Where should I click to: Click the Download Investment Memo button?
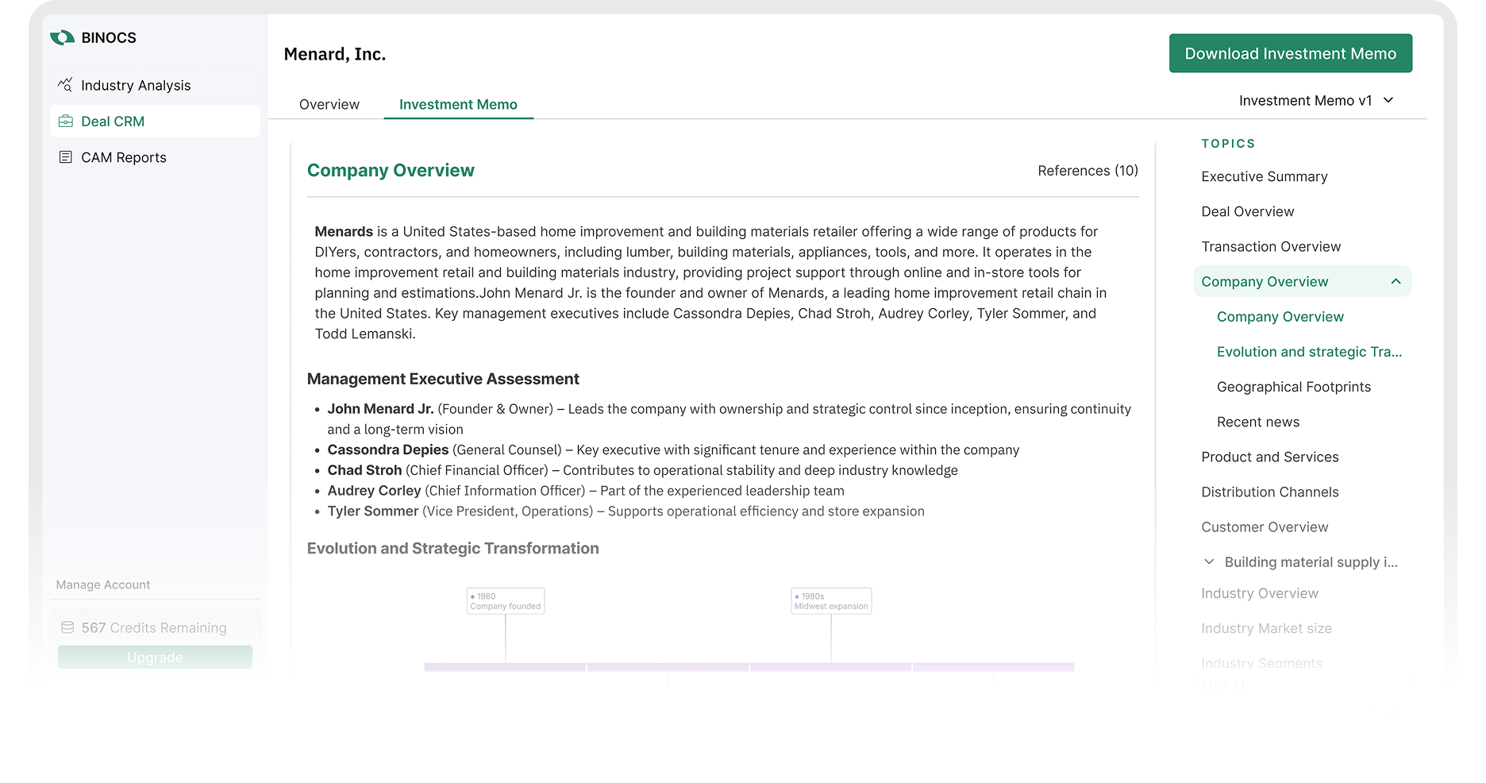pyautogui.click(x=1290, y=53)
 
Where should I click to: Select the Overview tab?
pyautogui.click(x=329, y=104)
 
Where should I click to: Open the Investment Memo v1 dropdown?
pyautogui.click(x=1315, y=101)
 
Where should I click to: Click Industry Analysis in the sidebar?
pyautogui.click(x=135, y=85)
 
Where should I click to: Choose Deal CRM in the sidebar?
pyautogui.click(x=113, y=121)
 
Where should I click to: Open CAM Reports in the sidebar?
pyautogui.click(x=123, y=157)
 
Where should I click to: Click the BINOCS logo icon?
pyautogui.click(x=62, y=37)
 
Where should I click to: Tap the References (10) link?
pyautogui.click(x=1087, y=171)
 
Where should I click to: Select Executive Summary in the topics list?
pyautogui.click(x=1264, y=176)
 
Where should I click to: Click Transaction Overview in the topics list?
pyautogui.click(x=1270, y=246)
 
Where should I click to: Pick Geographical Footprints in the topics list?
pyautogui.click(x=1293, y=387)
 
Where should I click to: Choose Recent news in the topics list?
pyautogui.click(x=1257, y=422)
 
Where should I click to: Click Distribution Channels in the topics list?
pyautogui.click(x=1269, y=492)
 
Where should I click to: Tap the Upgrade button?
pyautogui.click(x=155, y=657)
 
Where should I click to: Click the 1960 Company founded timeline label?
pyautogui.click(x=506, y=601)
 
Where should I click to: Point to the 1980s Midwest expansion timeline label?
pyautogui.click(x=831, y=601)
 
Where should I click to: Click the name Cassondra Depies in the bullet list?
pyautogui.click(x=387, y=449)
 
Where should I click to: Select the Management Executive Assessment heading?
pyautogui.click(x=443, y=379)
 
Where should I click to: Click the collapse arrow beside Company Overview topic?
pyautogui.click(x=1396, y=281)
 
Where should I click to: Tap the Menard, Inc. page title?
pyautogui.click(x=334, y=54)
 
